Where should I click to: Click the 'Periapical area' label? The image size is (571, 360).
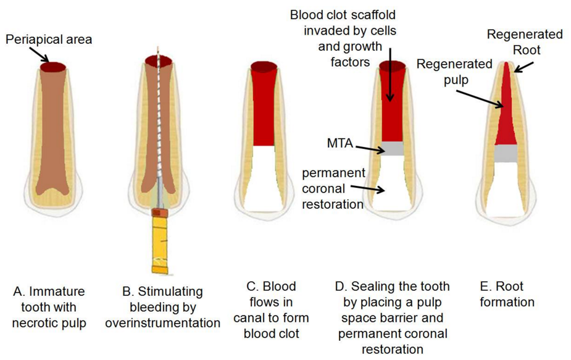point(49,40)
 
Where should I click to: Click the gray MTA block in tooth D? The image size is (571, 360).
point(392,148)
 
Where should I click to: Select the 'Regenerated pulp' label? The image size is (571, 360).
point(454,71)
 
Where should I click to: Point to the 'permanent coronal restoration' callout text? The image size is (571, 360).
point(333,188)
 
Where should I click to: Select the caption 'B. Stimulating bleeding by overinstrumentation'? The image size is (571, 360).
point(162,307)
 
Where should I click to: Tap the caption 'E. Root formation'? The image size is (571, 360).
point(506,295)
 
